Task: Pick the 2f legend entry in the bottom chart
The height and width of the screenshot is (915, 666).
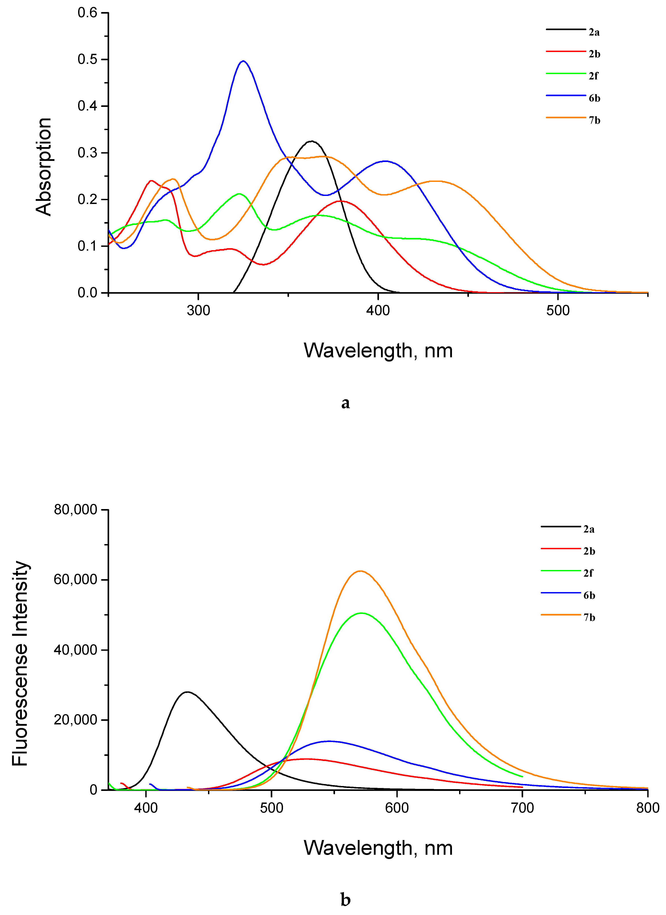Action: [x=588, y=573]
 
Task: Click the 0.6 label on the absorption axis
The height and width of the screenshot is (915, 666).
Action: [x=87, y=13]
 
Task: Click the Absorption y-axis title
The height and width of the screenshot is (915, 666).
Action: [x=44, y=167]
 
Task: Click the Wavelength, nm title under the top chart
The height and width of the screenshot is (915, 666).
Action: [x=378, y=350]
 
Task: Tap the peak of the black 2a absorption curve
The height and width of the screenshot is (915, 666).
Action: [x=311, y=141]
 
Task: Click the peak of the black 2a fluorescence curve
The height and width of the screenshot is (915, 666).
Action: [x=187, y=692]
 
